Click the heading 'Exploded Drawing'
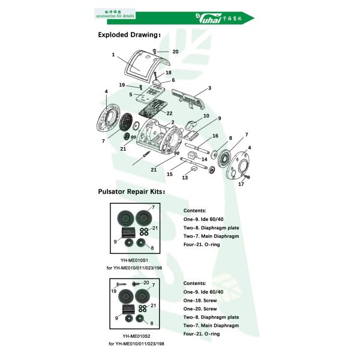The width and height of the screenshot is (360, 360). pyautogui.click(x=129, y=35)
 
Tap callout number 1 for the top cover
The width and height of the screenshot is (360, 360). pyautogui.click(x=113, y=55)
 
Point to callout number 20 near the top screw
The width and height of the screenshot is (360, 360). pyautogui.click(x=175, y=52)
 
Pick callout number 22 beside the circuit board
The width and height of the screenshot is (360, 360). pyautogui.click(x=170, y=113)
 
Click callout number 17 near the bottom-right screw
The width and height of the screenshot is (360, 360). pyautogui.click(x=242, y=184)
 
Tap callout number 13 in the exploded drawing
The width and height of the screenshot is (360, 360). pyautogui.click(x=185, y=178)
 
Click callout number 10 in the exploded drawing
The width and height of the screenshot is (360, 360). pyautogui.click(x=206, y=115)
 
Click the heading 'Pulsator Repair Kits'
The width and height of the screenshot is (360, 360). pyautogui.click(x=131, y=193)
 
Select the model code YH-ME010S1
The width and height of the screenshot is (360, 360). pyautogui.click(x=134, y=261)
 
